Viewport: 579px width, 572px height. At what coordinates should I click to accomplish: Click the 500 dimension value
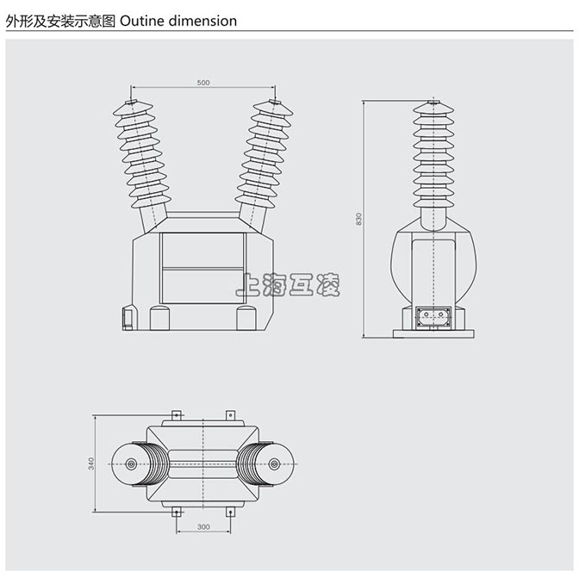point(203,83)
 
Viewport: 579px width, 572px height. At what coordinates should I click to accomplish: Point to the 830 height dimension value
point(358,219)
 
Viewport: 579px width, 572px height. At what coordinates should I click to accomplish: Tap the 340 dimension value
point(91,463)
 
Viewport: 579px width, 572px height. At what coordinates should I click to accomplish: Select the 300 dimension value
point(203,526)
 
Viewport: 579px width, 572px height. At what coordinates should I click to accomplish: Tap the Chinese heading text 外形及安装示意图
point(59,21)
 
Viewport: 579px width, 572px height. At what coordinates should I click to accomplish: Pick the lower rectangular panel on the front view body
point(203,286)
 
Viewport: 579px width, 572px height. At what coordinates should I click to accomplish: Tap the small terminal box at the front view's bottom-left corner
point(128,319)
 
